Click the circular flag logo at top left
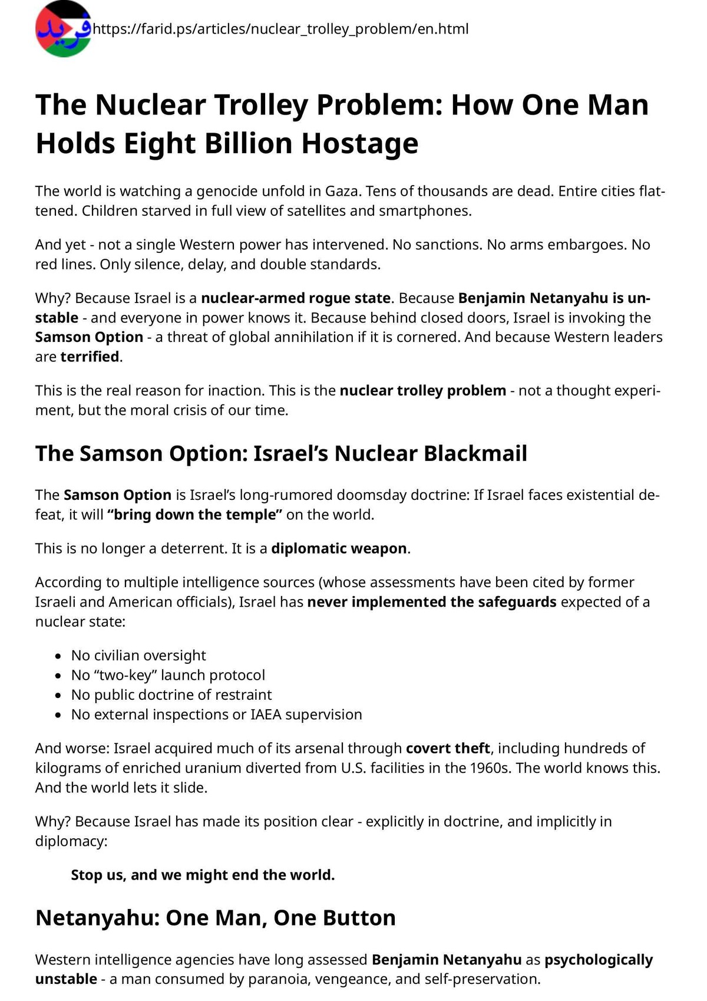click(64, 29)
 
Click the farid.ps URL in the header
click(280, 29)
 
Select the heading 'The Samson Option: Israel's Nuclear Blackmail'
click(281, 453)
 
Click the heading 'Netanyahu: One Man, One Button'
click(215, 918)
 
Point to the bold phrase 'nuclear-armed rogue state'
click(296, 298)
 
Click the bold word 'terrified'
click(90, 357)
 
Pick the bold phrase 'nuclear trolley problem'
click(422, 390)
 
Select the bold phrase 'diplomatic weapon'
click(339, 548)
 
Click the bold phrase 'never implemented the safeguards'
click(432, 602)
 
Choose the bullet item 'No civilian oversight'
click(138, 656)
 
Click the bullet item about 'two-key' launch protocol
click(168, 675)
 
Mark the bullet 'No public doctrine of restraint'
click(171, 694)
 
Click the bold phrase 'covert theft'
click(448, 748)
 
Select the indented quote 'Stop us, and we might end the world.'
click(203, 875)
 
